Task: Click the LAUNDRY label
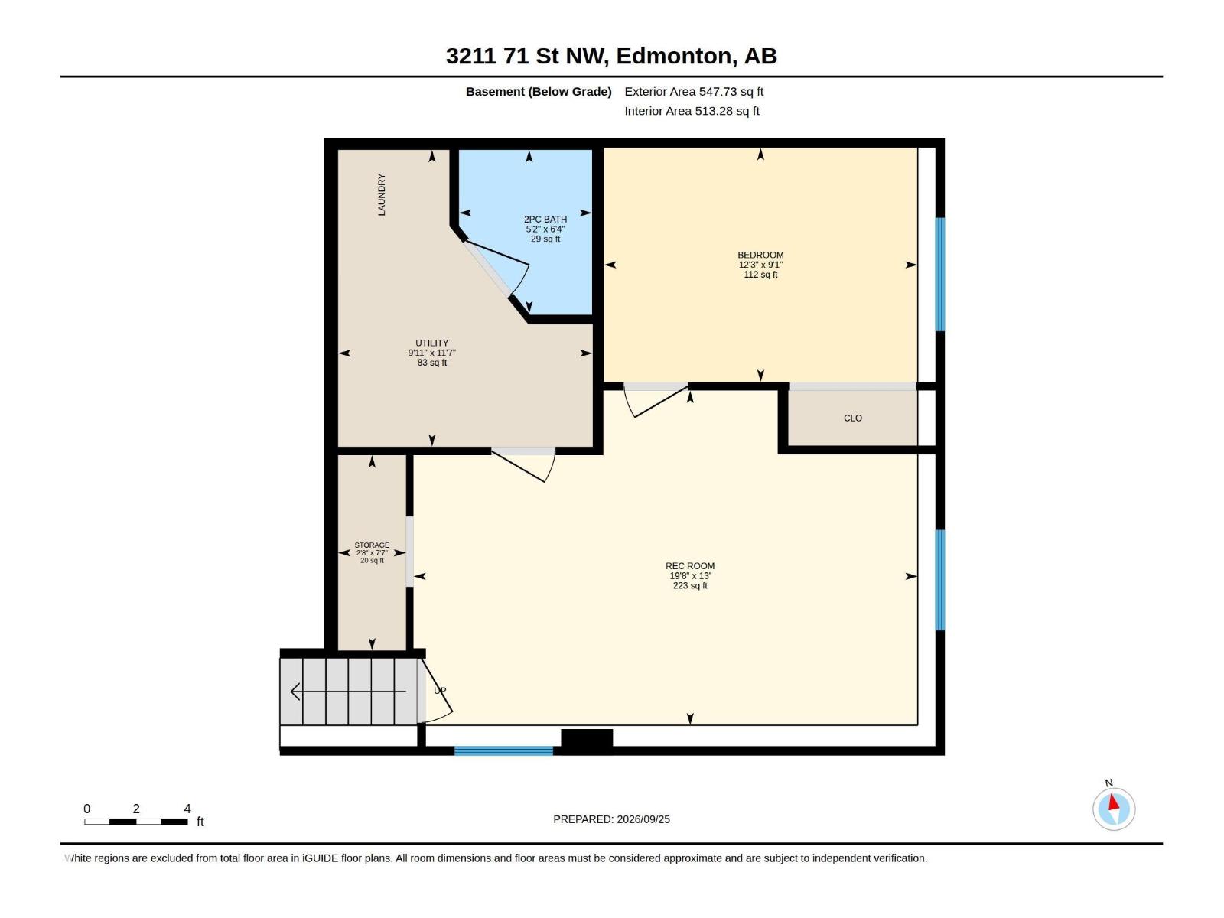pyautogui.click(x=382, y=194)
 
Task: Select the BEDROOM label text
pyautogui.click(x=760, y=255)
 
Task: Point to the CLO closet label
pyautogui.click(x=853, y=418)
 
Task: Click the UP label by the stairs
pyautogui.click(x=440, y=691)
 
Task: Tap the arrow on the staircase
pyautogui.click(x=349, y=692)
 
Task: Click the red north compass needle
pyautogui.click(x=1113, y=802)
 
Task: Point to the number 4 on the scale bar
pyautogui.click(x=187, y=809)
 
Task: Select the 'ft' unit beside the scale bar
pyautogui.click(x=200, y=822)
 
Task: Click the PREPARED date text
pyautogui.click(x=612, y=819)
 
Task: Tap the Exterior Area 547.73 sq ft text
pyautogui.click(x=694, y=91)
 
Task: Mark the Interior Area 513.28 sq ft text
pyautogui.click(x=692, y=111)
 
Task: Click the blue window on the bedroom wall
pyautogui.click(x=939, y=274)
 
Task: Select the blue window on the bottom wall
pyautogui.click(x=503, y=750)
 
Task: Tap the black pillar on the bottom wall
pyautogui.click(x=587, y=737)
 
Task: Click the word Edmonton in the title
pyautogui.click(x=674, y=57)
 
